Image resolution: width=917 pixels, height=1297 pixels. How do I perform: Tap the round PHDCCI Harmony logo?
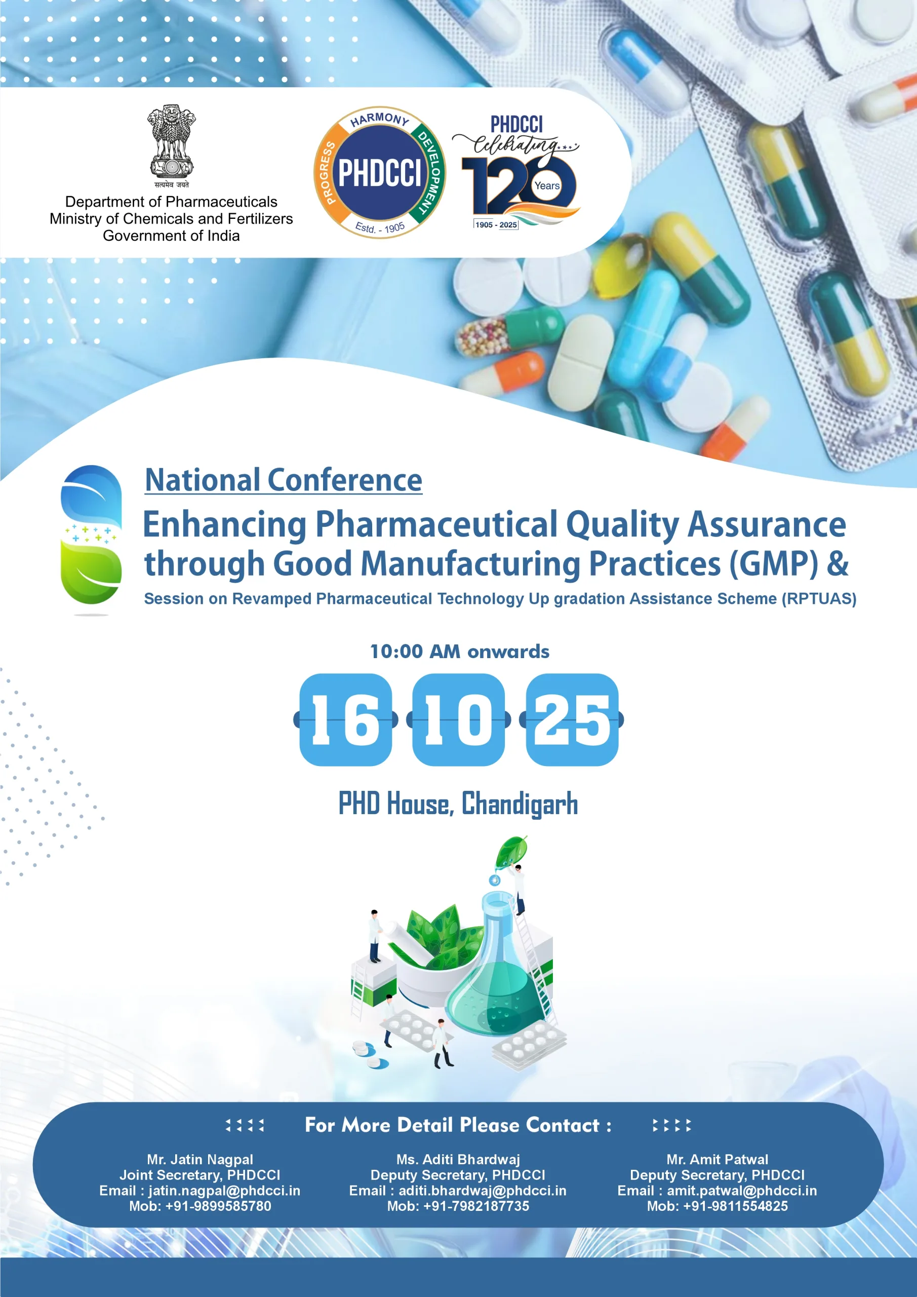[x=379, y=172]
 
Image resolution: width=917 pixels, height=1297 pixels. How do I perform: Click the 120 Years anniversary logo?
[x=515, y=171]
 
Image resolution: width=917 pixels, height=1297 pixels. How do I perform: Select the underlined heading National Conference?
[x=284, y=481]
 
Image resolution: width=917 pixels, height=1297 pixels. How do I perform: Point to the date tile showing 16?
[x=345, y=719]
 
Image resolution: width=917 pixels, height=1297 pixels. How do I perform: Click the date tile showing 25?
[x=572, y=719]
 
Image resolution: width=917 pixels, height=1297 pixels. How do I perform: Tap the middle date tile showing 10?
[x=459, y=719]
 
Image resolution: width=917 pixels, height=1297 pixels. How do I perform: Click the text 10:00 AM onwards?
[x=459, y=652]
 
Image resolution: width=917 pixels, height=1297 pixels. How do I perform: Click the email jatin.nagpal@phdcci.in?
[x=224, y=1191]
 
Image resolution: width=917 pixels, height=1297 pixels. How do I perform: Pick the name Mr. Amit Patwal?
[x=717, y=1160]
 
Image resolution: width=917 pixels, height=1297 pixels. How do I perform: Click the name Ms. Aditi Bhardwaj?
[x=458, y=1160]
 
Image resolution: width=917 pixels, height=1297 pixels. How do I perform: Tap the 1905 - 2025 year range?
[x=496, y=225]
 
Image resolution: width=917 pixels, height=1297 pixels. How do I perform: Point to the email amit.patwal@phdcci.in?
[x=742, y=1191]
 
